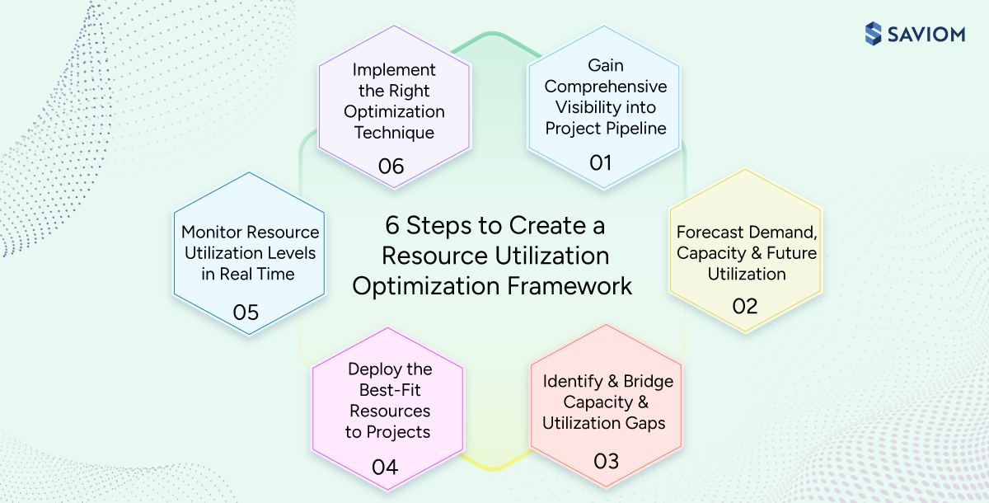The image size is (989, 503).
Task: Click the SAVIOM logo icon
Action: [x=874, y=34]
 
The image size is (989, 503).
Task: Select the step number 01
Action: [x=601, y=162]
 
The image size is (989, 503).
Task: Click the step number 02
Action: [x=744, y=306]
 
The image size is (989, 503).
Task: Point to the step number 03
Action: [x=606, y=460]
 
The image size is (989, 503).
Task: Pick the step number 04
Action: [x=385, y=468]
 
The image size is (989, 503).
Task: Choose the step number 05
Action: [x=246, y=313]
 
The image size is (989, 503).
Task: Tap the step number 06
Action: [x=391, y=166]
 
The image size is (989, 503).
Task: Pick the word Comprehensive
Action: [x=606, y=87]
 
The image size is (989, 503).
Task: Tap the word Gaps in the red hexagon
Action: [x=643, y=423]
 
